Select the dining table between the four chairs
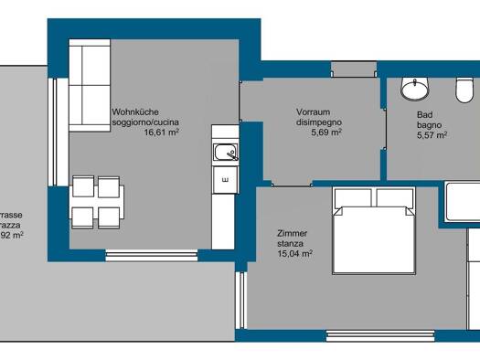pos(97,202)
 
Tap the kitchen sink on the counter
pos(221,152)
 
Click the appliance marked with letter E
pos(223,180)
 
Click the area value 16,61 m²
pos(161,132)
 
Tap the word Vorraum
pos(313,111)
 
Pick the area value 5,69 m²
pos(326,132)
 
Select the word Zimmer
pos(293,232)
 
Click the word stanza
pos(292,243)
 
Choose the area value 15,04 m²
pos(297,254)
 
